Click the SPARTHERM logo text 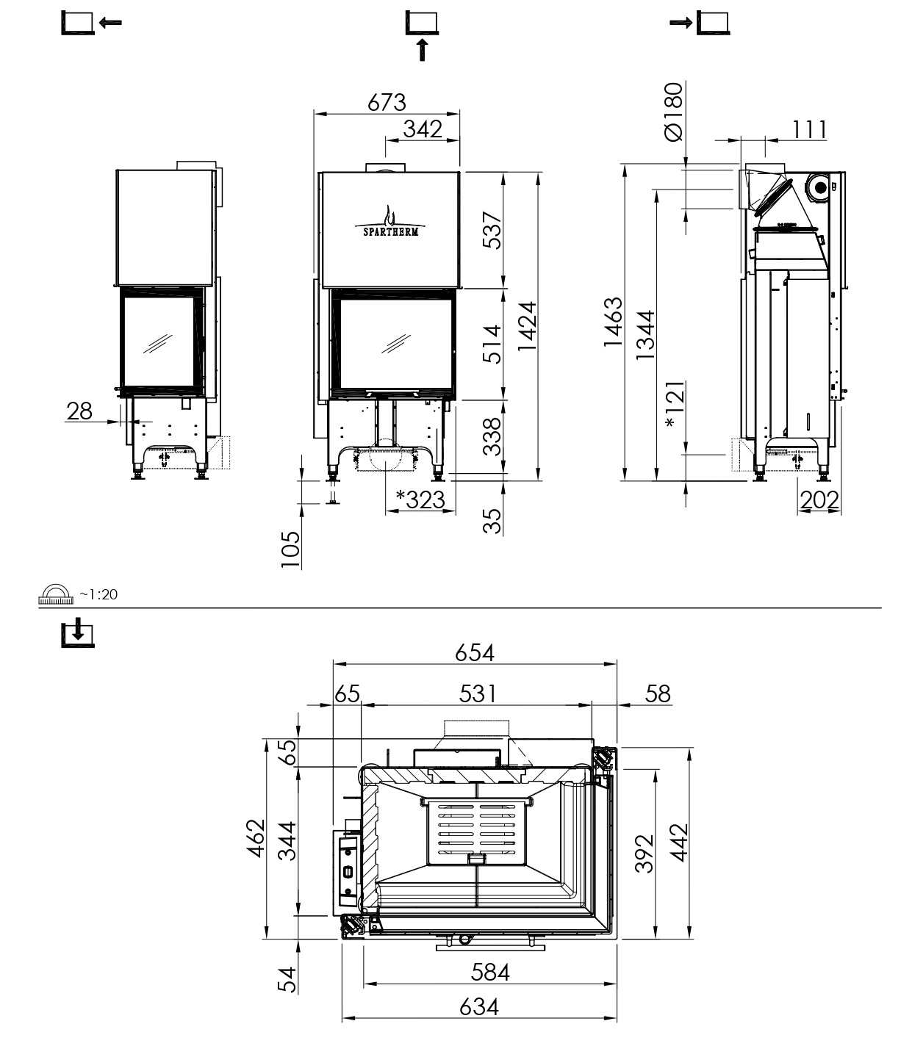(391, 231)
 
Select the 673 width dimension (387, 103)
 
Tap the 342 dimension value (423, 129)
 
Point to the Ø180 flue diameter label (674, 112)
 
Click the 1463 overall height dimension (613, 322)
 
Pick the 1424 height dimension (527, 326)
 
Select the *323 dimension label (421, 500)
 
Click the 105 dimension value (290, 549)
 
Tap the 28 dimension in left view (79, 411)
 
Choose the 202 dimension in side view (819, 500)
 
